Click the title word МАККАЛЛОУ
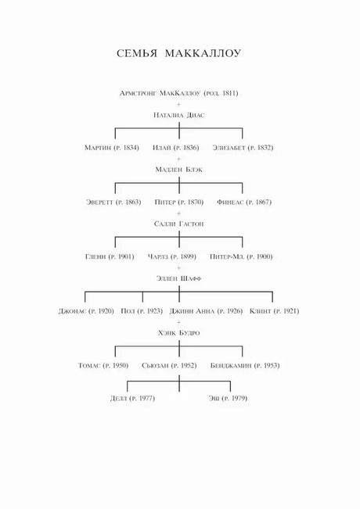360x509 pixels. [x=203, y=54]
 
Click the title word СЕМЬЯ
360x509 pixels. [x=137, y=54]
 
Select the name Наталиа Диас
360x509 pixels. [x=179, y=115]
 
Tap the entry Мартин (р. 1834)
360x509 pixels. [x=112, y=148]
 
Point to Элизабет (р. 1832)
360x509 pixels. [x=243, y=148]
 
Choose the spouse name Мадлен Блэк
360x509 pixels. [x=178, y=170]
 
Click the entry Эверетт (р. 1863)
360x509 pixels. [x=113, y=202]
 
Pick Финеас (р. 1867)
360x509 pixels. [x=244, y=202]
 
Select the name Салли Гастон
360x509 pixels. [x=178, y=224]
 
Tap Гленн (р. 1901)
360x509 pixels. [x=110, y=256]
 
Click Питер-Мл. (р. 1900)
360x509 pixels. [x=241, y=256]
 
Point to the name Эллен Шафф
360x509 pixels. [x=178, y=278]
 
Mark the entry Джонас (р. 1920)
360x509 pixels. [x=86, y=311]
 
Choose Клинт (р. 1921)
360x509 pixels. [x=274, y=311]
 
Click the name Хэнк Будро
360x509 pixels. [x=178, y=333]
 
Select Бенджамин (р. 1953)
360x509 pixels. [x=245, y=365]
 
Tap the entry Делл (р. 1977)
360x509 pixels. [x=132, y=398]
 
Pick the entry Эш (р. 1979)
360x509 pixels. [x=228, y=398]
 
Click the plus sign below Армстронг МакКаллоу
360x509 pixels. [x=178, y=104]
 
